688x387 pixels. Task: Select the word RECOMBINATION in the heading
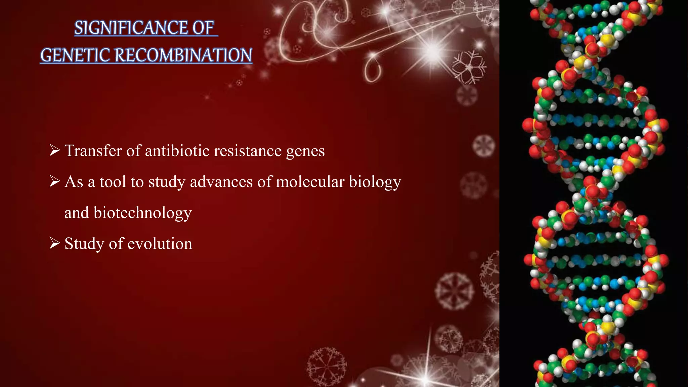tap(183, 55)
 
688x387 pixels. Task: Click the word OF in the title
tap(203, 28)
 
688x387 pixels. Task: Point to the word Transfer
tap(93, 150)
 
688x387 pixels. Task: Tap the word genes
tap(305, 151)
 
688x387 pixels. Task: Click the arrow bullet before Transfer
tap(54, 150)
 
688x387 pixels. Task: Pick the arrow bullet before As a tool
tap(54, 181)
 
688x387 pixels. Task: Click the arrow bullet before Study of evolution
tap(54, 243)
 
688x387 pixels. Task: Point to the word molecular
tap(310, 182)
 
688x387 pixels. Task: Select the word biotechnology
tap(142, 213)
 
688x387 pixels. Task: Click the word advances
tap(221, 182)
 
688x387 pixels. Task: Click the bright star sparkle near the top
tap(433, 51)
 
